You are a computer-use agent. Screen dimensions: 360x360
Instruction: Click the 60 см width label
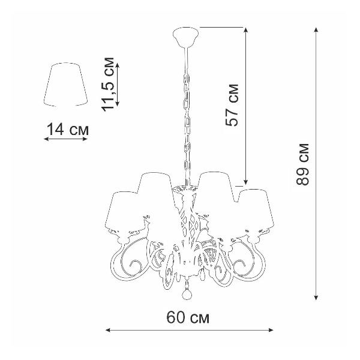tap(188, 317)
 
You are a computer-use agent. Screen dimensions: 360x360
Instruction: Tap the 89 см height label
tap(302, 164)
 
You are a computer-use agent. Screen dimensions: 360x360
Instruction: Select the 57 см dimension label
tap(232, 106)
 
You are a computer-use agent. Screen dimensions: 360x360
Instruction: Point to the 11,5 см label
tap(107, 84)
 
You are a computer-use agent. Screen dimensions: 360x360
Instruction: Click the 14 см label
tap(67, 129)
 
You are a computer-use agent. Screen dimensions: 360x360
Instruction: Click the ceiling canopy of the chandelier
tap(186, 36)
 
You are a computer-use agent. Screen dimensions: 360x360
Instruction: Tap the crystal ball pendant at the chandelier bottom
tap(187, 295)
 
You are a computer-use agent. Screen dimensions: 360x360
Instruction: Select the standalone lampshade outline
tap(65, 84)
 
